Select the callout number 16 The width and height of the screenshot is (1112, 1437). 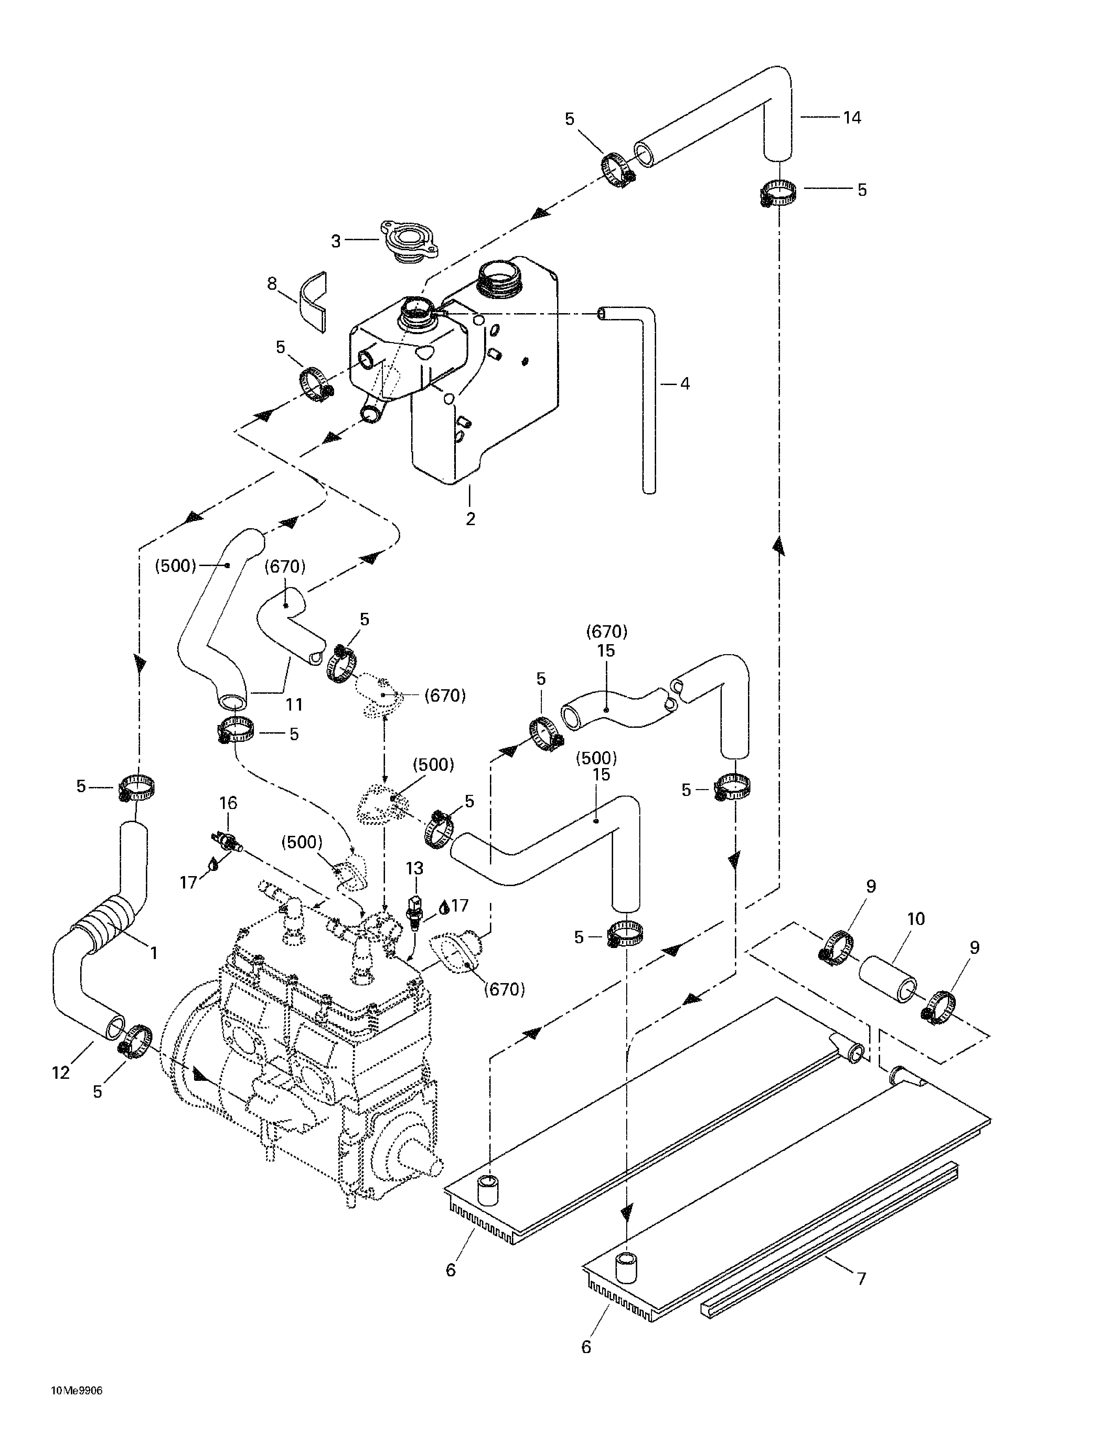point(228,803)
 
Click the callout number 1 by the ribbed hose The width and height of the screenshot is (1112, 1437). point(154,952)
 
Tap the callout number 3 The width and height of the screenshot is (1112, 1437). point(335,241)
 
